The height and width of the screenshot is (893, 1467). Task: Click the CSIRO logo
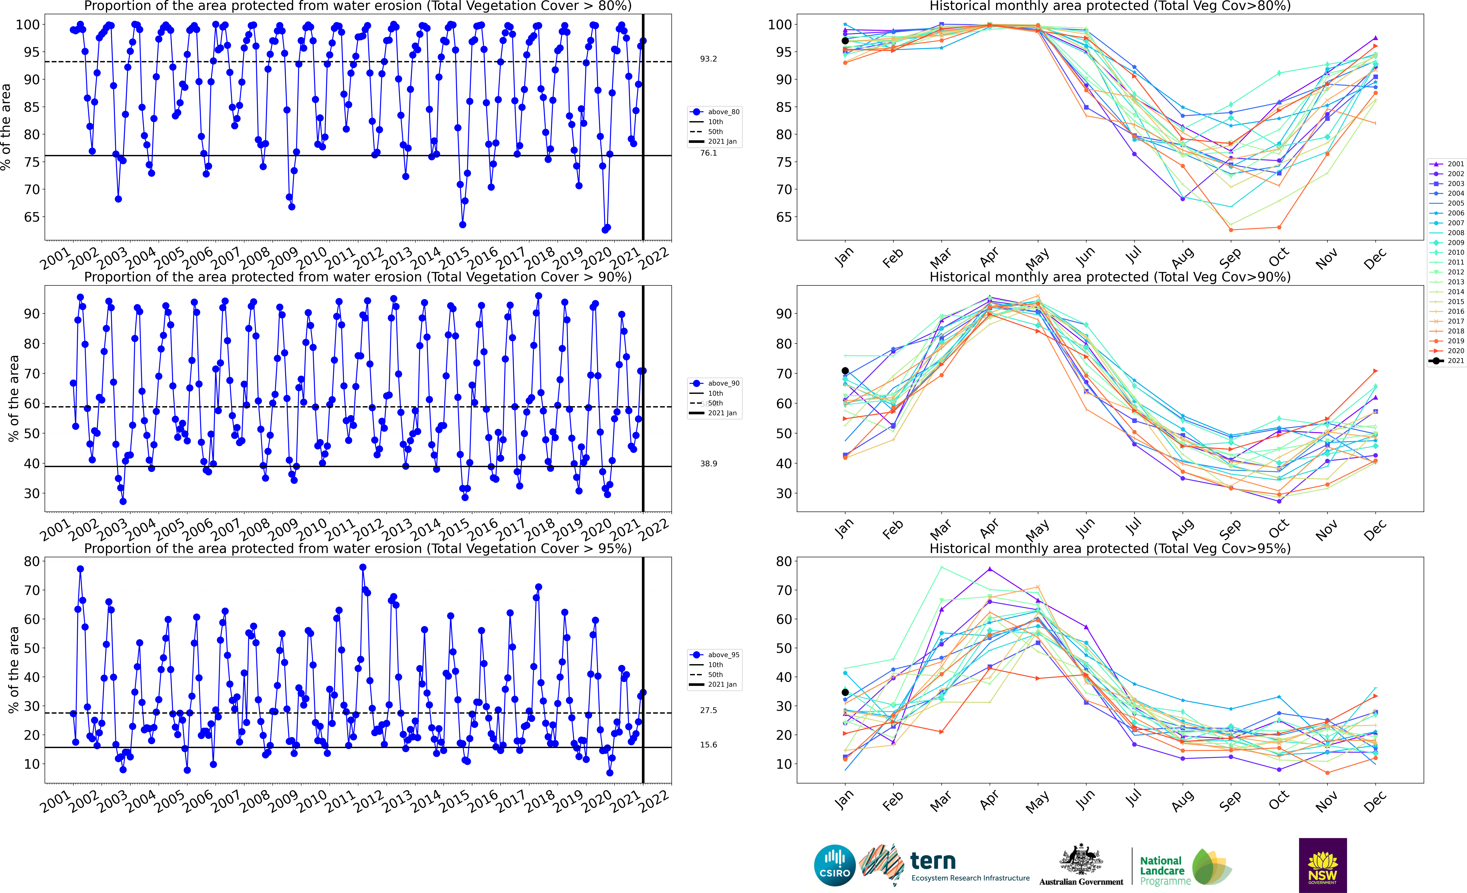[835, 865]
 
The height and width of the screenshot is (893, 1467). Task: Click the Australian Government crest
[1081, 861]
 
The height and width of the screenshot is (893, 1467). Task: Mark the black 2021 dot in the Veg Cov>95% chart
[845, 692]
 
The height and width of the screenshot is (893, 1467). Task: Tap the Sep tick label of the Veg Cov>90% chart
[1230, 528]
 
